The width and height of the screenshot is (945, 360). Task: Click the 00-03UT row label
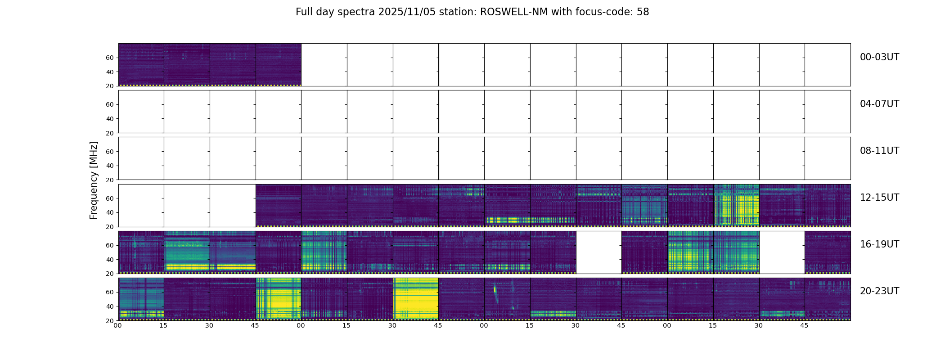pos(879,57)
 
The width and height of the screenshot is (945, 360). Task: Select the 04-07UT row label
pos(879,104)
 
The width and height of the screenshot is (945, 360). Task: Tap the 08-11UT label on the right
pos(879,151)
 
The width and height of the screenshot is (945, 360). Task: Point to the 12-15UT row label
pos(879,198)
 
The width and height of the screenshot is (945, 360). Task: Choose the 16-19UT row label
pos(879,244)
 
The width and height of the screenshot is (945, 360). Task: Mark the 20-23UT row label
pos(879,291)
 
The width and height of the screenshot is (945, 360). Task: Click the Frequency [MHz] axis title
pos(94,180)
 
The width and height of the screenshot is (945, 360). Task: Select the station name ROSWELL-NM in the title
pos(514,12)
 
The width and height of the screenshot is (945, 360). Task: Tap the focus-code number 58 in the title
pos(643,12)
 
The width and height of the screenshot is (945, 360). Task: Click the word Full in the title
pos(303,12)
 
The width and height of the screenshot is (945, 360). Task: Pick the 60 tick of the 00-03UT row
pos(110,58)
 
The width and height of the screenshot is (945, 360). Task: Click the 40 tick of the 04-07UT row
pos(110,119)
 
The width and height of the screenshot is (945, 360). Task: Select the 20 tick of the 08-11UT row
pos(110,180)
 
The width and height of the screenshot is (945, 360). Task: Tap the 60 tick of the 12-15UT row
pos(110,198)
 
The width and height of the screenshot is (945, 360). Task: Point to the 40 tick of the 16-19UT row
pos(110,260)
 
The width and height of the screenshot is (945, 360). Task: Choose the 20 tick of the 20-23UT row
pos(110,321)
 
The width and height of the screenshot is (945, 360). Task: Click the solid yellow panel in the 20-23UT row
pos(416,299)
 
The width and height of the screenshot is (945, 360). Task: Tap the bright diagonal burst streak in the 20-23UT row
pos(495,295)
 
